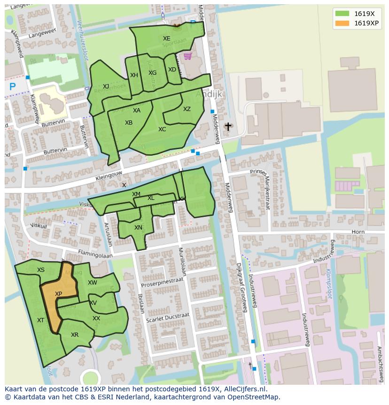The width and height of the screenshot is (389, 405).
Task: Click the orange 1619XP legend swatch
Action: [x=342, y=23]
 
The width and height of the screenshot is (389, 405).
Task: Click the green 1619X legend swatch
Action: [x=342, y=14]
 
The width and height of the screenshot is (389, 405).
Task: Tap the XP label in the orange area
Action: [x=58, y=294]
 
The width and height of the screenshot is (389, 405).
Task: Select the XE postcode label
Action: [x=167, y=39]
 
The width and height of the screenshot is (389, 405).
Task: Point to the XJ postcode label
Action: [x=106, y=87]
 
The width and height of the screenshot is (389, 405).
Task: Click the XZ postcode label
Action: [x=187, y=109]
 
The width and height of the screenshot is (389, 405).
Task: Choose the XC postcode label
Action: [x=162, y=129]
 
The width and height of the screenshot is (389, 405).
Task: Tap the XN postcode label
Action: [x=138, y=228]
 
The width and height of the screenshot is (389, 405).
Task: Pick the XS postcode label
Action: [x=41, y=270]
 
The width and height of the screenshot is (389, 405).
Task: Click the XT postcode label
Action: [x=41, y=320]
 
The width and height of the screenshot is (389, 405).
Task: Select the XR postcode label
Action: [x=75, y=335]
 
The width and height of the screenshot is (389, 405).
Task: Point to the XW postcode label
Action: [x=93, y=283]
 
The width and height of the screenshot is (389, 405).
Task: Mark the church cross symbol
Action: [x=228, y=127]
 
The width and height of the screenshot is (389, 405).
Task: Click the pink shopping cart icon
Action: [x=187, y=56]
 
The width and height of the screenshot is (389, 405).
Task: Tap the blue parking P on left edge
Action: [x=13, y=87]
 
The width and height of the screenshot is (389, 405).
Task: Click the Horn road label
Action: [x=358, y=232]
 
